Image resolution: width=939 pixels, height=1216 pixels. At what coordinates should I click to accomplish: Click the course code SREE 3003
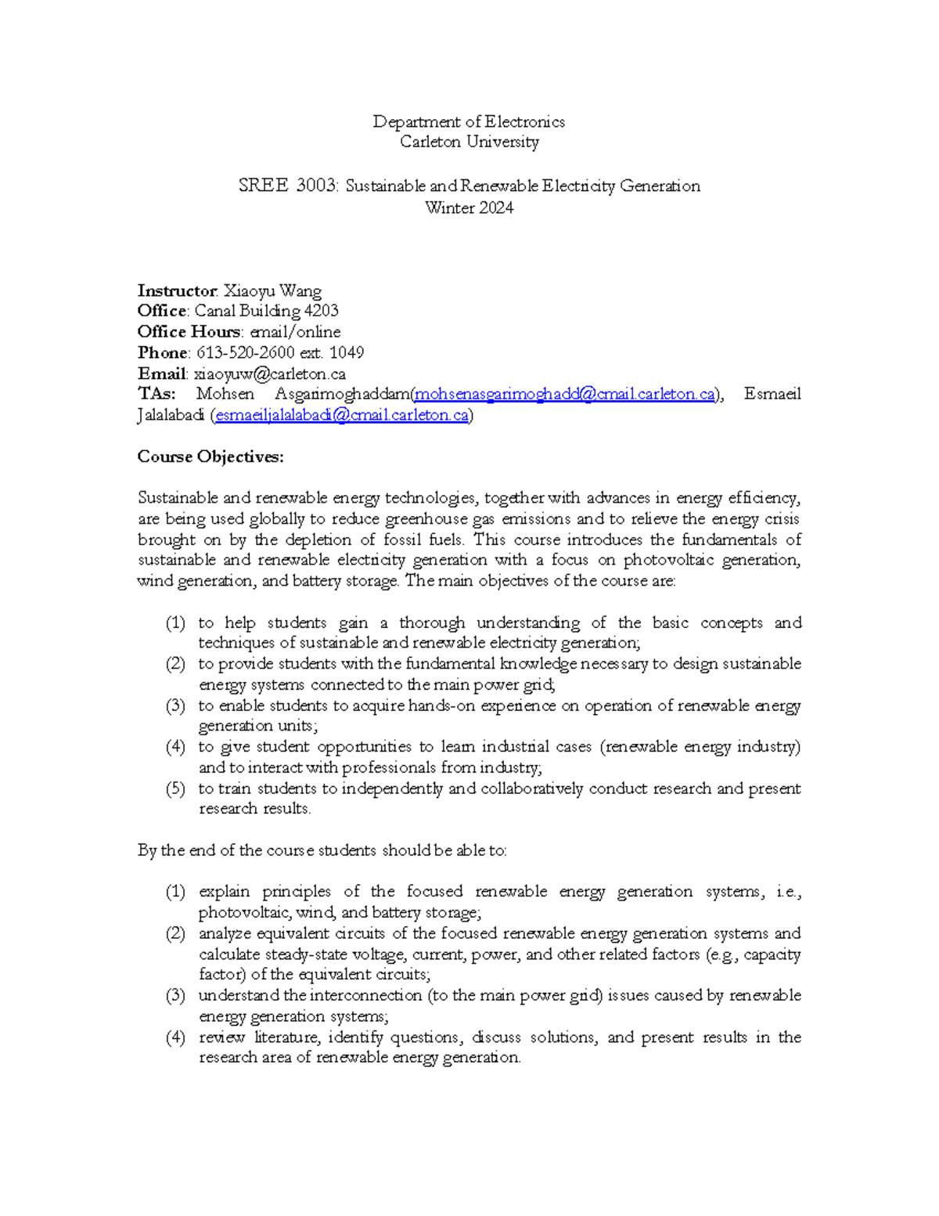coord(287,186)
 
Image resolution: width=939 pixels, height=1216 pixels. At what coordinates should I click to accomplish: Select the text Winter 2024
coord(469,207)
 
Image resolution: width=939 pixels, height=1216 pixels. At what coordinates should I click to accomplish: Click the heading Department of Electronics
coord(469,121)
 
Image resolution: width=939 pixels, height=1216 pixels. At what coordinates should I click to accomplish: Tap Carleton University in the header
coord(469,142)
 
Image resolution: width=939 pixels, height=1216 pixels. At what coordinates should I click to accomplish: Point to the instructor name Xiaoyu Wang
coord(272,291)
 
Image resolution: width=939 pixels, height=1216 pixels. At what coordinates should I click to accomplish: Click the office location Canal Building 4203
coord(266,311)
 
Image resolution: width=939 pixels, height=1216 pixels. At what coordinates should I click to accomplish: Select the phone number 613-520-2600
coord(245,352)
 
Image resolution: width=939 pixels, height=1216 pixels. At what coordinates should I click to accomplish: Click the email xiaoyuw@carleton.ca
coord(269,373)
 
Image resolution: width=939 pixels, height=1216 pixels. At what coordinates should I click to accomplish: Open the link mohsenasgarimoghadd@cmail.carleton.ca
coord(564,394)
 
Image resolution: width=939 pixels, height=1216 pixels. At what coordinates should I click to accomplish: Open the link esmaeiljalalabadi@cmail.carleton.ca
coord(342,415)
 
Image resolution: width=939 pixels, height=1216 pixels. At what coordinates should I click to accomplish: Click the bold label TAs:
coord(156,394)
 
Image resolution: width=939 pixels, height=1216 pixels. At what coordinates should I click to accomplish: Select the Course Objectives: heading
coord(210,456)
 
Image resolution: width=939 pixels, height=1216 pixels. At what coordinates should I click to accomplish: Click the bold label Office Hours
coord(189,332)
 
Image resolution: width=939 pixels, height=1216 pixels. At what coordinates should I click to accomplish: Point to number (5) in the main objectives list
coord(175,788)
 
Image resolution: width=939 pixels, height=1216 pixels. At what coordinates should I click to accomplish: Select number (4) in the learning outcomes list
coord(175,1037)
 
